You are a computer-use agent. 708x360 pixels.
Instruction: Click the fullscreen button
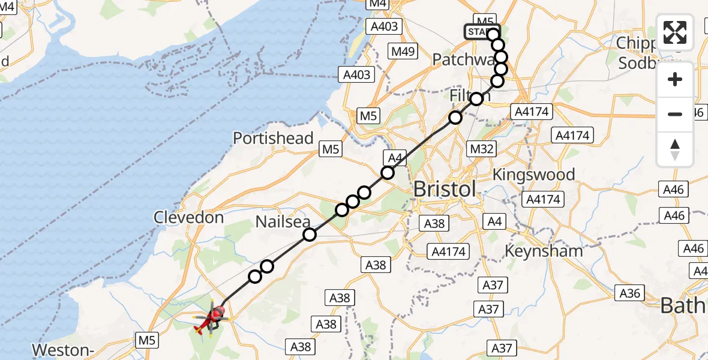click(675, 32)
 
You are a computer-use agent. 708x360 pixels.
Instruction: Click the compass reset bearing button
click(675, 149)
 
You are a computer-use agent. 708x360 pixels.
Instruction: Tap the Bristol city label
click(445, 189)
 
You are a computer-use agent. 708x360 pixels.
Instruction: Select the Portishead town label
click(273, 138)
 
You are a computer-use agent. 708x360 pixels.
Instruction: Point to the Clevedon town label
click(189, 217)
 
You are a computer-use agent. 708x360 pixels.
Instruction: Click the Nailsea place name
click(283, 221)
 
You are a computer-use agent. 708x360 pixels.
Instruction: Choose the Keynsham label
click(544, 251)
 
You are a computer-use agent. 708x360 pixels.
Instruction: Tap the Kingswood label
click(533, 175)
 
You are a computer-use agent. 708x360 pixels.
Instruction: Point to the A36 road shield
click(629, 293)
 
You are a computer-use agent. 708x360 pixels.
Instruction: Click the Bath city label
click(683, 305)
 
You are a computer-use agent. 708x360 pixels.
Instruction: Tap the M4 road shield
click(377, 4)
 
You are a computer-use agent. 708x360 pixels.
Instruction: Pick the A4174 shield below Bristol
click(448, 251)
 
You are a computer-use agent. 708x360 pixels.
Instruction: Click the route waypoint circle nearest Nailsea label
click(309, 235)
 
